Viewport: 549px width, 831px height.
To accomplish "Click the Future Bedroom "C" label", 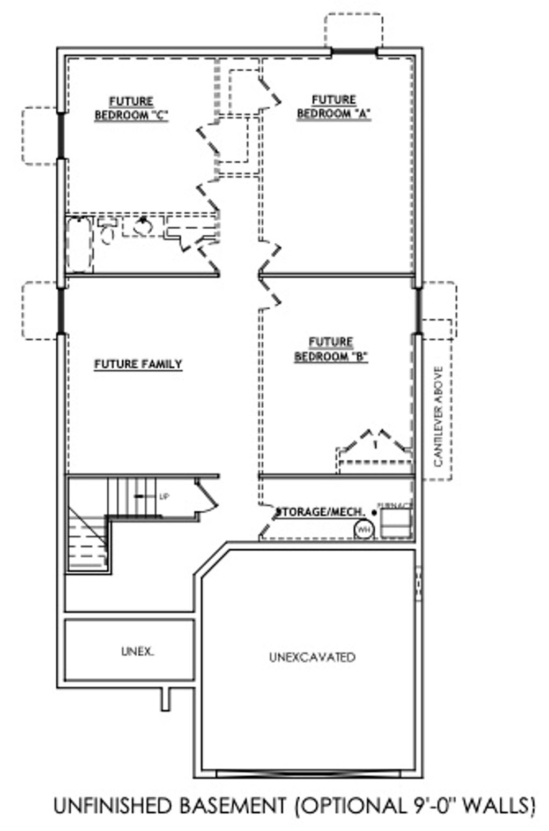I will [131, 108].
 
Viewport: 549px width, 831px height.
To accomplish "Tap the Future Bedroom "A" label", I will [333, 107].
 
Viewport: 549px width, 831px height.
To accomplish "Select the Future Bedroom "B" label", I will [331, 349].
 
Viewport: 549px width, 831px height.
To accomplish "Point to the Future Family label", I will [138, 364].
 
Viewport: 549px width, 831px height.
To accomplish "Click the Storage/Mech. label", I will [320, 512].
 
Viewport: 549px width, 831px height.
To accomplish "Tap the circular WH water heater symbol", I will [363, 529].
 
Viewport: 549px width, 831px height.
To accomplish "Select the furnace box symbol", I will [396, 523].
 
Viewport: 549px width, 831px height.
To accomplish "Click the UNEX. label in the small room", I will [137, 652].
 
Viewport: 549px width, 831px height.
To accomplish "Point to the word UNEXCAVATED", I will [312, 657].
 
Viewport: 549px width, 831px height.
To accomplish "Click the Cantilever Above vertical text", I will [439, 416].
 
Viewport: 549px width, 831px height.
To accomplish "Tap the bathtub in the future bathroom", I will [79, 244].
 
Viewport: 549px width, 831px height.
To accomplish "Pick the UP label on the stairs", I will [164, 497].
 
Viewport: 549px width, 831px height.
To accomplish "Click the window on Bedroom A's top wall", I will [354, 52].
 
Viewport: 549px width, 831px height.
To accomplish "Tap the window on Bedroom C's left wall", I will [61, 136].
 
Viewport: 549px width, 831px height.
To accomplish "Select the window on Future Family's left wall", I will [61, 311].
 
